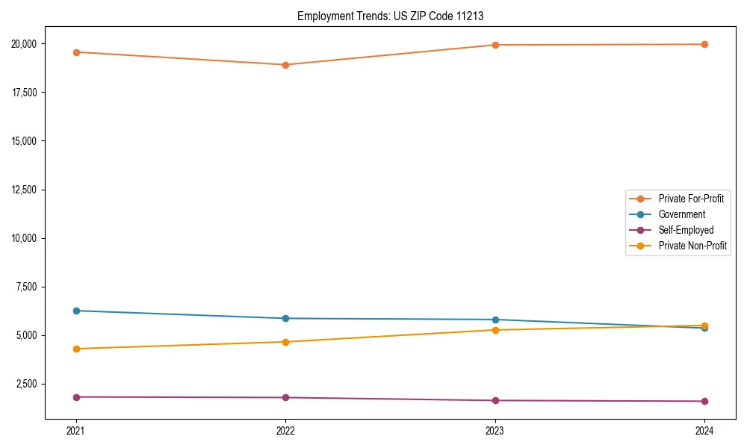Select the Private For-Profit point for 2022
285,65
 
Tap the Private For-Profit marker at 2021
76,52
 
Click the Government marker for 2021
76,311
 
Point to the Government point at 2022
285,319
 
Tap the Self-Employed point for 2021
76,397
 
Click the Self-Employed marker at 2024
704,402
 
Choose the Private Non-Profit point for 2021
76,349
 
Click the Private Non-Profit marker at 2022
285,342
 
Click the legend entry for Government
681,214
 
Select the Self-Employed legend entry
686,230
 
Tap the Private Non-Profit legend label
692,246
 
